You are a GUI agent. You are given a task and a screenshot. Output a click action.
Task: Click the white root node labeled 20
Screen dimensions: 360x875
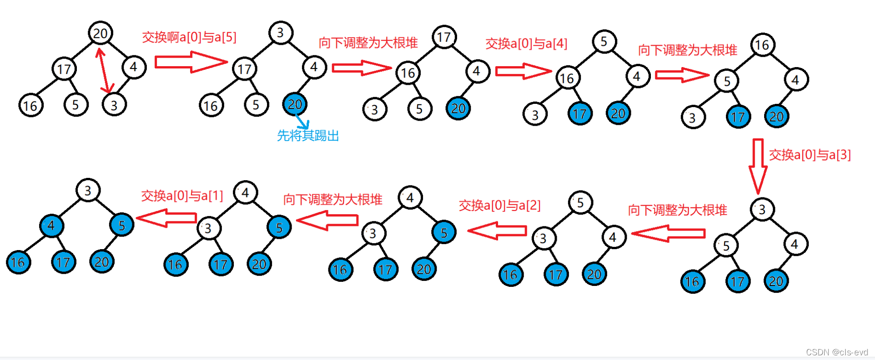100,33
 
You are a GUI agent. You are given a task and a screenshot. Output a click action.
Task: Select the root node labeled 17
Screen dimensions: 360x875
444,37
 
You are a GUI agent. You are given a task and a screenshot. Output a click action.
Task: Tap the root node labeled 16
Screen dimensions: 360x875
762,45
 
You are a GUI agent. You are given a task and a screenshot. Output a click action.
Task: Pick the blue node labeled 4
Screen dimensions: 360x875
51,226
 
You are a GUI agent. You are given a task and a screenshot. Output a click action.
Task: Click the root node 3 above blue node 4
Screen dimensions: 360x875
88,190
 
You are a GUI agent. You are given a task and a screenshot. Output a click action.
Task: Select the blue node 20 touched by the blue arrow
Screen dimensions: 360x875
294,104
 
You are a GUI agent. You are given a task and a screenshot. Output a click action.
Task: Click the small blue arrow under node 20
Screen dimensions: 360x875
303,122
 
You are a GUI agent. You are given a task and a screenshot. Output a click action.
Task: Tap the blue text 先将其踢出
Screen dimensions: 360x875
308,136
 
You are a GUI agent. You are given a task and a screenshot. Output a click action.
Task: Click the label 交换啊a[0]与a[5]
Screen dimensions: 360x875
189,37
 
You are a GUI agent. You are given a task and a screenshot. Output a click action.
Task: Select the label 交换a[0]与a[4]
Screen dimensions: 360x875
526,43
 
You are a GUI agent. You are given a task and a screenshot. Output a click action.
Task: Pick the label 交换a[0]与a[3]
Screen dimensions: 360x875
809,155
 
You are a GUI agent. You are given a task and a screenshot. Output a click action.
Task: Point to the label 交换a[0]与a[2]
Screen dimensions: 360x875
499,205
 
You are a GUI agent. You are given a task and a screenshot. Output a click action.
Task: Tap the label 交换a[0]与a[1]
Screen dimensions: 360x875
182,196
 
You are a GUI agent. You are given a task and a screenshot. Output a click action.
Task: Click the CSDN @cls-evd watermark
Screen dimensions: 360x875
837,352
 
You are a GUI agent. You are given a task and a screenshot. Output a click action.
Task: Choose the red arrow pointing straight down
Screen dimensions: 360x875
758,165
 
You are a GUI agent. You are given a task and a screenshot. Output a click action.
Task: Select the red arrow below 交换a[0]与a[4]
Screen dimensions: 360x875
523,71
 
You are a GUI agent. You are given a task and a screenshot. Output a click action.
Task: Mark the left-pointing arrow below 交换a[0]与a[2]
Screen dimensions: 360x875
497,231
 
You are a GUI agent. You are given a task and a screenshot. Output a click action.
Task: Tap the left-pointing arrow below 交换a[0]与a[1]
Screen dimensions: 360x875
166,218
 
